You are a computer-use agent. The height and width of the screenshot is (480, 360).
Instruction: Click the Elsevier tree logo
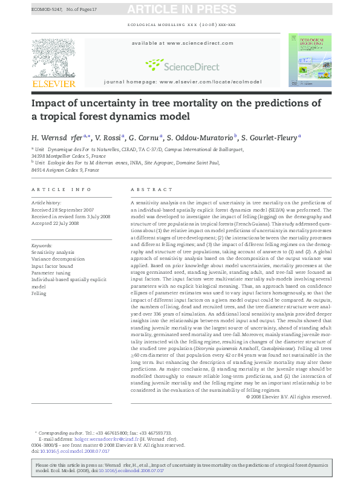(x=53, y=59)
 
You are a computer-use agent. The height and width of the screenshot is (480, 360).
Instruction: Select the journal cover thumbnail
(x=310, y=60)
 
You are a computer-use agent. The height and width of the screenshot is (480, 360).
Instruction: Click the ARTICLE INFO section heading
(x=61, y=189)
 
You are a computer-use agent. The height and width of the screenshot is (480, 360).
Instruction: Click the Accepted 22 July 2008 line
(x=55, y=223)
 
